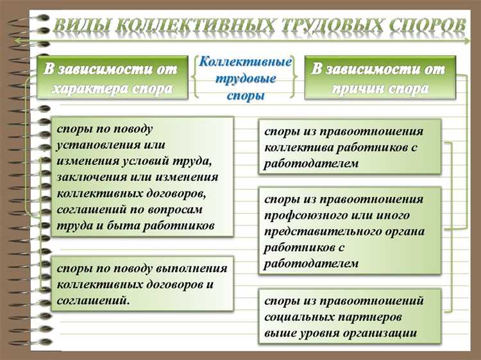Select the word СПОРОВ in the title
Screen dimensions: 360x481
[427, 26]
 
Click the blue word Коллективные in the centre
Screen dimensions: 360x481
[246, 63]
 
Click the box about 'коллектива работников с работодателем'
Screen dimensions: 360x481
[350, 147]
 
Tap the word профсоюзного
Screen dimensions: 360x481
[305, 215]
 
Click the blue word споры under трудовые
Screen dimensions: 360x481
[246, 96]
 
